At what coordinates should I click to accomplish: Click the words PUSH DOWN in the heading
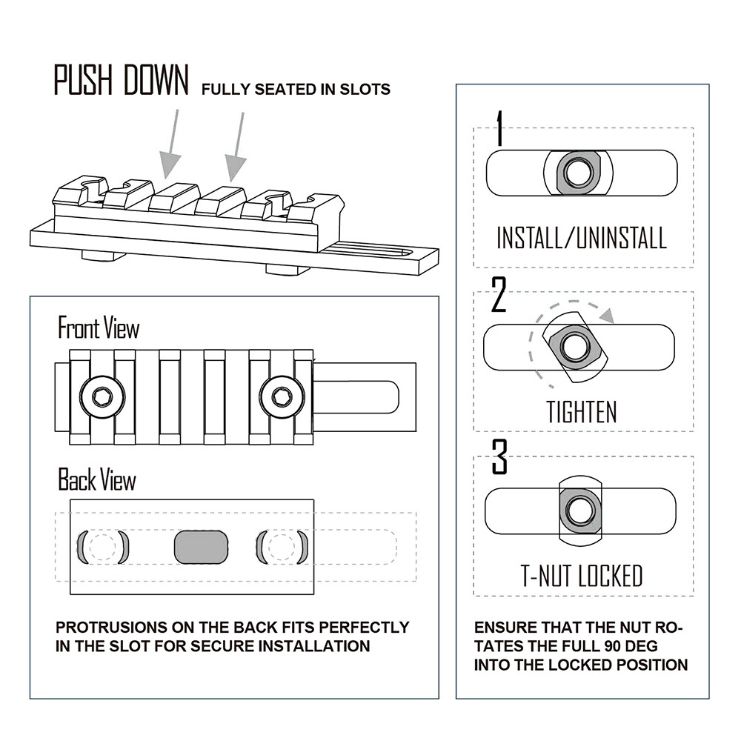[121, 80]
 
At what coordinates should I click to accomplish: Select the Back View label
[97, 480]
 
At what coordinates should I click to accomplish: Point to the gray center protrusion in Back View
[200, 546]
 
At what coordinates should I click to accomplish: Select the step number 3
[499, 459]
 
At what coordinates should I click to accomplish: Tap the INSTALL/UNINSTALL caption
[582, 238]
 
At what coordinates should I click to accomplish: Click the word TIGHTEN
[582, 411]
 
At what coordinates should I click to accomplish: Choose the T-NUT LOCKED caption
[582, 576]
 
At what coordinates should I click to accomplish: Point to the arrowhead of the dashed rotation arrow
[608, 316]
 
